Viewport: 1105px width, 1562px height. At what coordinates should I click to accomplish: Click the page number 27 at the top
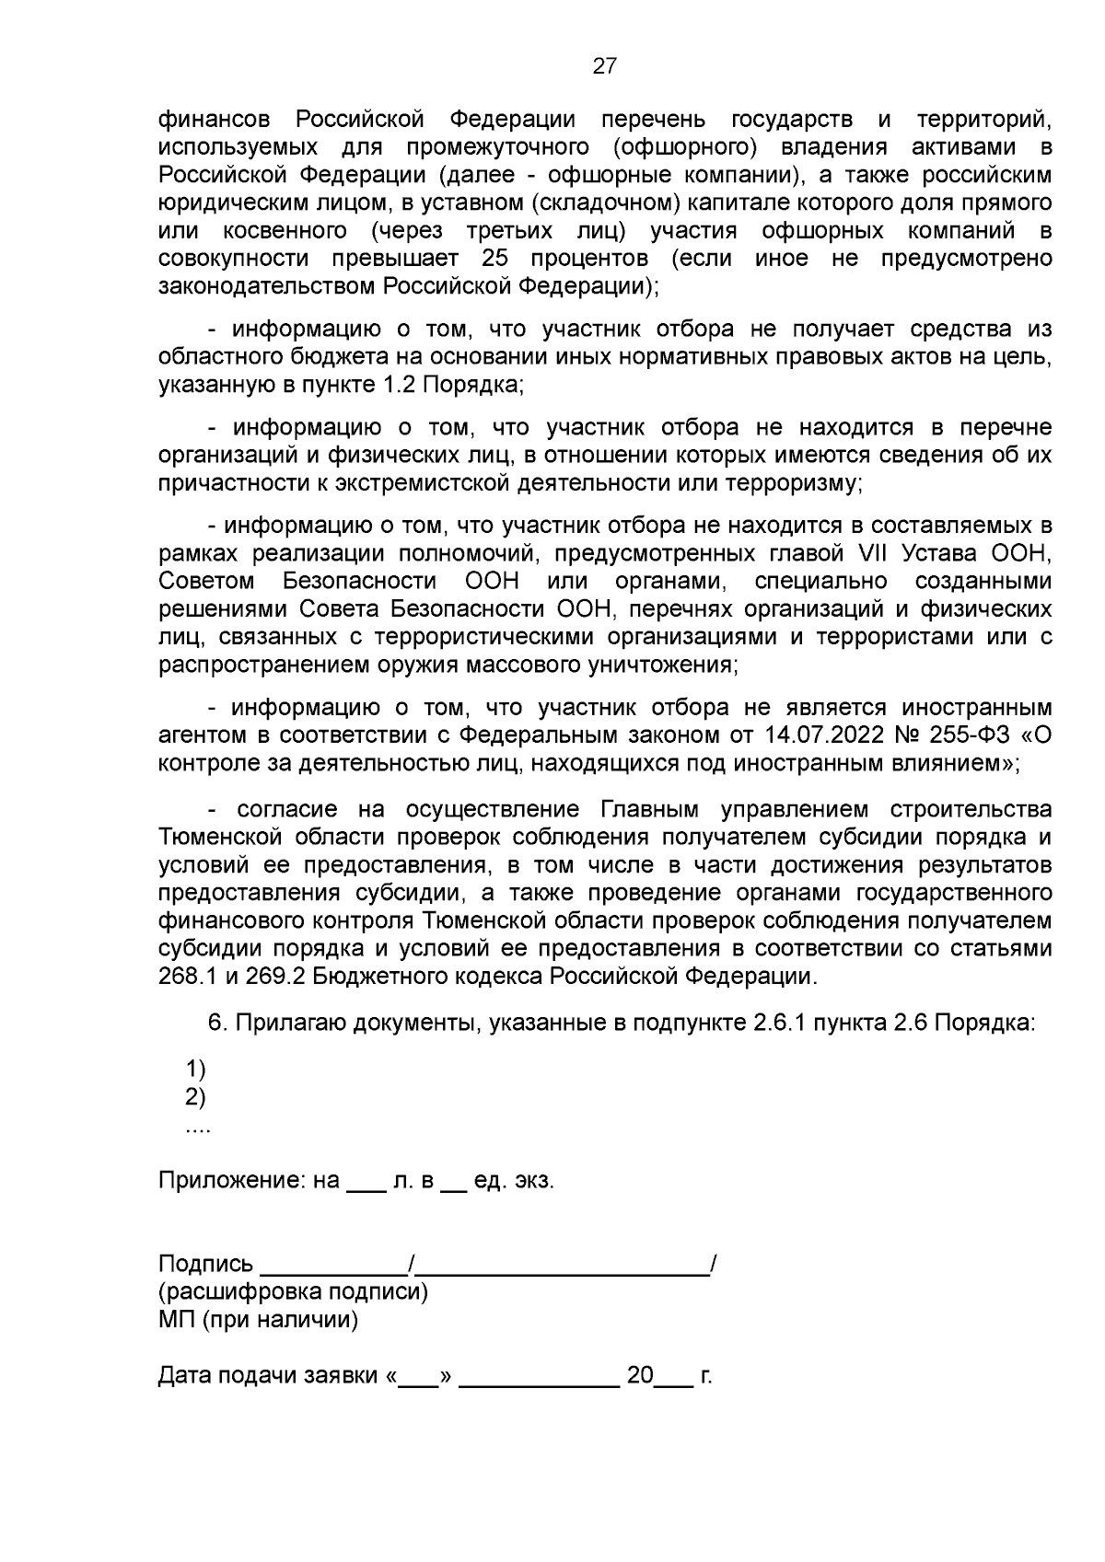point(604,66)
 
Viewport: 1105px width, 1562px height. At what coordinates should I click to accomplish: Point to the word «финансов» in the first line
point(215,120)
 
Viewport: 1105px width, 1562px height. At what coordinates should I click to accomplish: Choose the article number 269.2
point(274,977)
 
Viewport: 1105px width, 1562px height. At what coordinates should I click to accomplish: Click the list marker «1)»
point(195,1070)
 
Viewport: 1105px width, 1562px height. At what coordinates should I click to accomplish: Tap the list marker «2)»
point(195,1097)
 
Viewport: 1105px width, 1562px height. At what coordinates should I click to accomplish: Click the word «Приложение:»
point(234,1181)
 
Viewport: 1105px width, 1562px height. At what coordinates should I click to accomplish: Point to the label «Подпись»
point(205,1264)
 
